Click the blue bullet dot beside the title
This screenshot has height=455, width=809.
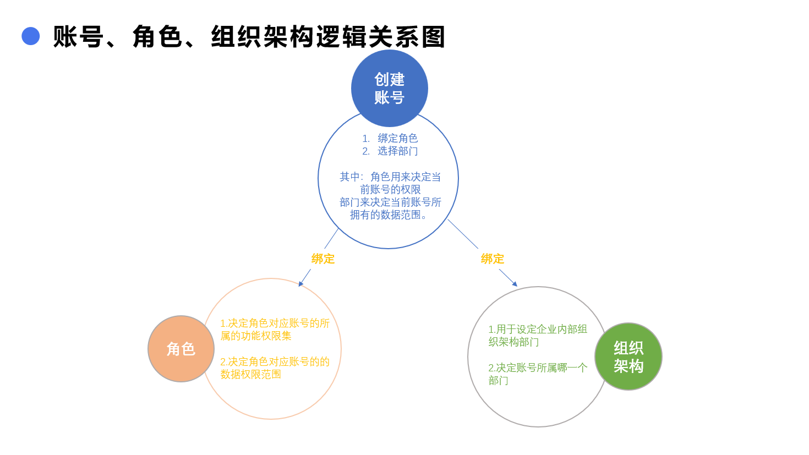(x=31, y=36)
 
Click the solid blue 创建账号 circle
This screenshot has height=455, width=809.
(x=389, y=88)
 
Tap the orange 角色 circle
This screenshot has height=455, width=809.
(x=181, y=349)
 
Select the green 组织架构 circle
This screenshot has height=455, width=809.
(x=628, y=357)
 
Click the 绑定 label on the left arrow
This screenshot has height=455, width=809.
(x=323, y=259)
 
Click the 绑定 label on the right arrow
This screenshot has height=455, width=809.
(x=492, y=259)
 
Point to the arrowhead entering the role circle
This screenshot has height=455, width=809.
(x=301, y=284)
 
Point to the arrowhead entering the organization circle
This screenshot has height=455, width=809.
(x=515, y=284)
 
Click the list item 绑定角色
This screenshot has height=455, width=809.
(x=398, y=138)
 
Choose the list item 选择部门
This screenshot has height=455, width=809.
(x=398, y=151)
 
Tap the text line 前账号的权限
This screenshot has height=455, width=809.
(x=390, y=190)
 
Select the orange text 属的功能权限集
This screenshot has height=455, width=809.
(x=256, y=336)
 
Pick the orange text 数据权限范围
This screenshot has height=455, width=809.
(x=250, y=374)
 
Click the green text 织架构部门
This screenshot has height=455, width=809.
(x=513, y=342)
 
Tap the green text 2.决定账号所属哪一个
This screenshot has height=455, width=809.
(x=538, y=368)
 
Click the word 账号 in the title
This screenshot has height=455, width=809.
(x=78, y=36)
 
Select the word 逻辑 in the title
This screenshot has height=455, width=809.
(x=342, y=36)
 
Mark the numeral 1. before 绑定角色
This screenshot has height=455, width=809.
(x=366, y=139)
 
